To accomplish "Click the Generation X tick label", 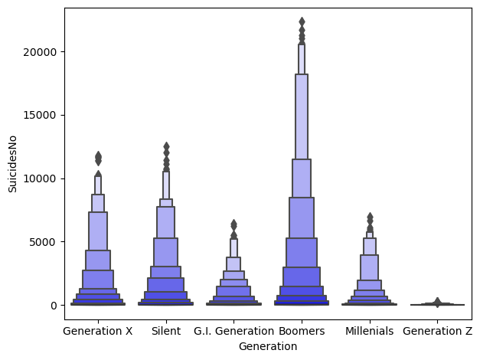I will click(x=98, y=332).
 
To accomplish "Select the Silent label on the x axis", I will click(x=166, y=332).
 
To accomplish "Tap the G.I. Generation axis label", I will click(x=233, y=332).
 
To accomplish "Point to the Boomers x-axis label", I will click(x=302, y=332).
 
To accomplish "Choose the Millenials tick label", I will click(x=369, y=332).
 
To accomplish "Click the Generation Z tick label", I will click(x=437, y=332).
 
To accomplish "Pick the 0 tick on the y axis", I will click(x=54, y=306).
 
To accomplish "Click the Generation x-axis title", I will click(x=267, y=346).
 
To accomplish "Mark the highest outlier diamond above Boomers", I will click(x=302, y=21).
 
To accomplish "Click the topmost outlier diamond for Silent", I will click(x=166, y=146).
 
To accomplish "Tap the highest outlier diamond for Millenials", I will click(x=370, y=217).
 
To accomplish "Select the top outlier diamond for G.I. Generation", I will click(x=233, y=223).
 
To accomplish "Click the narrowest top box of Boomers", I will click(x=302, y=59).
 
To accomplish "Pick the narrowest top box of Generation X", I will click(x=98, y=185).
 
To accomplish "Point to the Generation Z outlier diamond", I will click(x=437, y=302).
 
